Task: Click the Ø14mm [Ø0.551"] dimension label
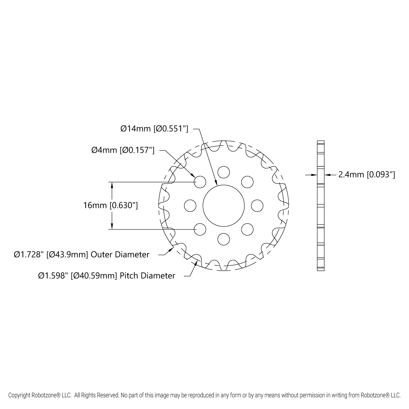pos(154,128)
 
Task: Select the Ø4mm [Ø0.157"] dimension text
pos(123,150)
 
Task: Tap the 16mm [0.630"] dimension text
pos(110,205)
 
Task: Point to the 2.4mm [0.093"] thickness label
pos(366,175)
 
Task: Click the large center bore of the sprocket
pos(224,206)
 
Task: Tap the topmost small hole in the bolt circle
pos(224,172)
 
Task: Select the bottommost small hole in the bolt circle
pos(224,239)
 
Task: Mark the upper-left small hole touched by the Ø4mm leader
pos(200,182)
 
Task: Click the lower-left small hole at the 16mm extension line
pos(200,229)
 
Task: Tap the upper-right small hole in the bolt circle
pos(247,182)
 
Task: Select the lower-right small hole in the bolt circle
pos(247,229)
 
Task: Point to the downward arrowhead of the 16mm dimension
pos(112,227)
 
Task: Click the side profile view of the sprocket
pos(321,206)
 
